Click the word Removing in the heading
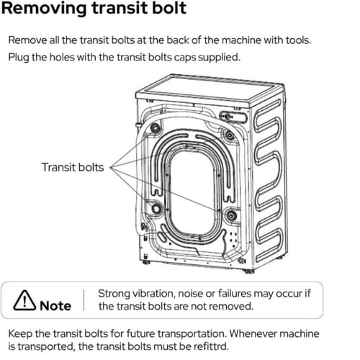point(44,9)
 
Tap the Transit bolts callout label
point(73,167)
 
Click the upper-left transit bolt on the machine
point(156,127)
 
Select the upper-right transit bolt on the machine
point(230,135)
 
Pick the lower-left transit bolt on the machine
point(156,208)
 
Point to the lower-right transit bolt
point(231,215)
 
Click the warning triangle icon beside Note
point(24,300)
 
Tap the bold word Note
point(55,306)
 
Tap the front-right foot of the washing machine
point(249,271)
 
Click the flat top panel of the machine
point(210,91)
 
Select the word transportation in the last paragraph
point(193,334)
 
